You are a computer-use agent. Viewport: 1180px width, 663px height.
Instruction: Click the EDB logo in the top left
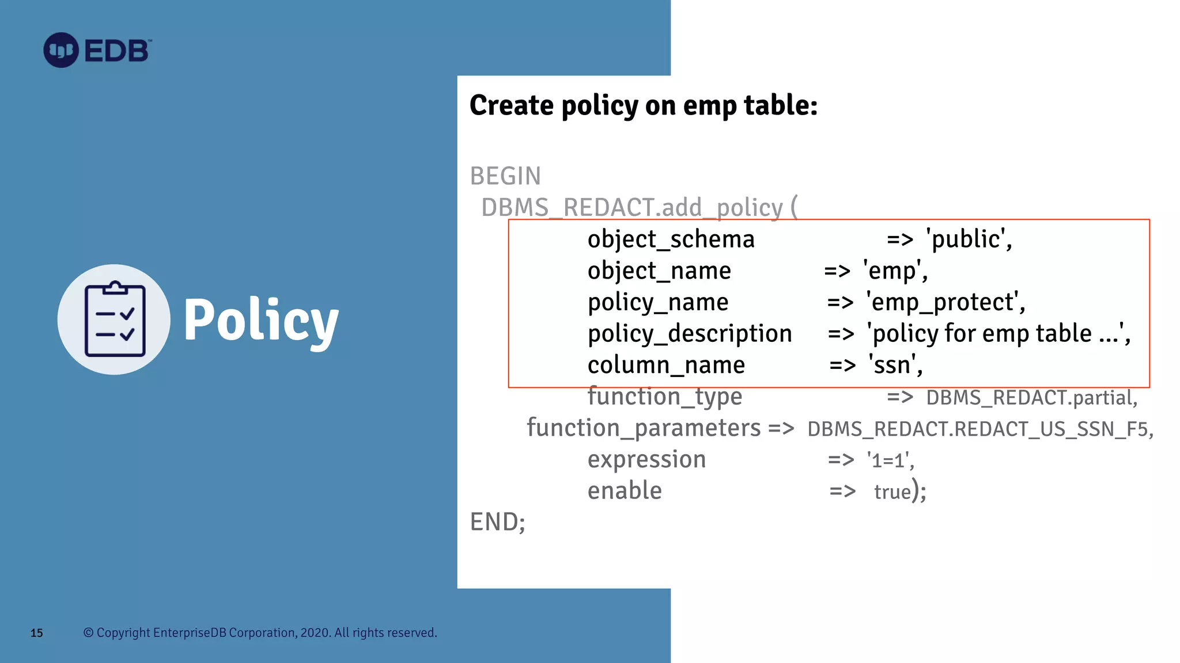pos(97,51)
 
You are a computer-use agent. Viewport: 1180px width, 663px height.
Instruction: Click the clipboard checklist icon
pos(114,319)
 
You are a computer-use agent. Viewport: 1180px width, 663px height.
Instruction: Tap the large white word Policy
pos(260,321)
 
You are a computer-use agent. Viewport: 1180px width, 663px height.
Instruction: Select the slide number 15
pos(37,633)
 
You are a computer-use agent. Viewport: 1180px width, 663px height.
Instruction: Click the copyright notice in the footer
pos(260,632)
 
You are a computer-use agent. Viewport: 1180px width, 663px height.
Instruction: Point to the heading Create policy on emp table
pos(643,105)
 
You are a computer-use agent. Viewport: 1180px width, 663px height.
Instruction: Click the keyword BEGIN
pos(505,176)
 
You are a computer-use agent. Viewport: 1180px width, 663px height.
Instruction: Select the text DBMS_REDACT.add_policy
pos(632,208)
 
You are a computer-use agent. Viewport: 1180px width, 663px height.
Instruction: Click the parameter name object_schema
pos(671,239)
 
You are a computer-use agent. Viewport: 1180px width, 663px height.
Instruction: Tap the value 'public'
pos(969,239)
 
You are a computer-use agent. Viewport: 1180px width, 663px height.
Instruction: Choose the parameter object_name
pos(659,271)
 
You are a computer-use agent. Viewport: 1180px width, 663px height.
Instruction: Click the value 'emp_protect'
pos(945,303)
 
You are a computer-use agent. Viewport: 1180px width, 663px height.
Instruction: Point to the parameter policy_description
pos(690,334)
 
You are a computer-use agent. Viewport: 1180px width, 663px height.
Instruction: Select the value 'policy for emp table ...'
pos(999,334)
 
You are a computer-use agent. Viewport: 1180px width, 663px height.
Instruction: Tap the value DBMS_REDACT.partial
pos(1031,398)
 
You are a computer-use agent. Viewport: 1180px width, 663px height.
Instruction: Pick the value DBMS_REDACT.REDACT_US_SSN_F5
pos(979,429)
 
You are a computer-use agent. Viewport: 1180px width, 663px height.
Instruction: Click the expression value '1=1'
pos(890,460)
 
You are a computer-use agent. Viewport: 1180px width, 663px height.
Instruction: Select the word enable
pos(625,491)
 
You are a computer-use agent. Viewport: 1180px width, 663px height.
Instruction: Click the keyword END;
pos(497,523)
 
